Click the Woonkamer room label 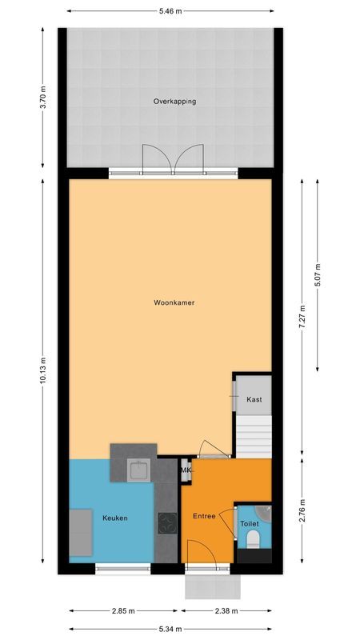click(x=174, y=302)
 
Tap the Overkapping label click(x=174, y=102)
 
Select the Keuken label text click(x=115, y=518)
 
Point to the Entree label click(x=204, y=516)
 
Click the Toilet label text click(x=250, y=525)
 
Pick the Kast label click(x=254, y=399)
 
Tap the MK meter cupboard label click(x=186, y=470)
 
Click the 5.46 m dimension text click(x=170, y=11)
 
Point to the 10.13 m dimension click(x=43, y=370)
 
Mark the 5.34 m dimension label click(x=170, y=628)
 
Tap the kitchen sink click(x=140, y=470)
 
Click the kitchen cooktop click(x=167, y=523)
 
